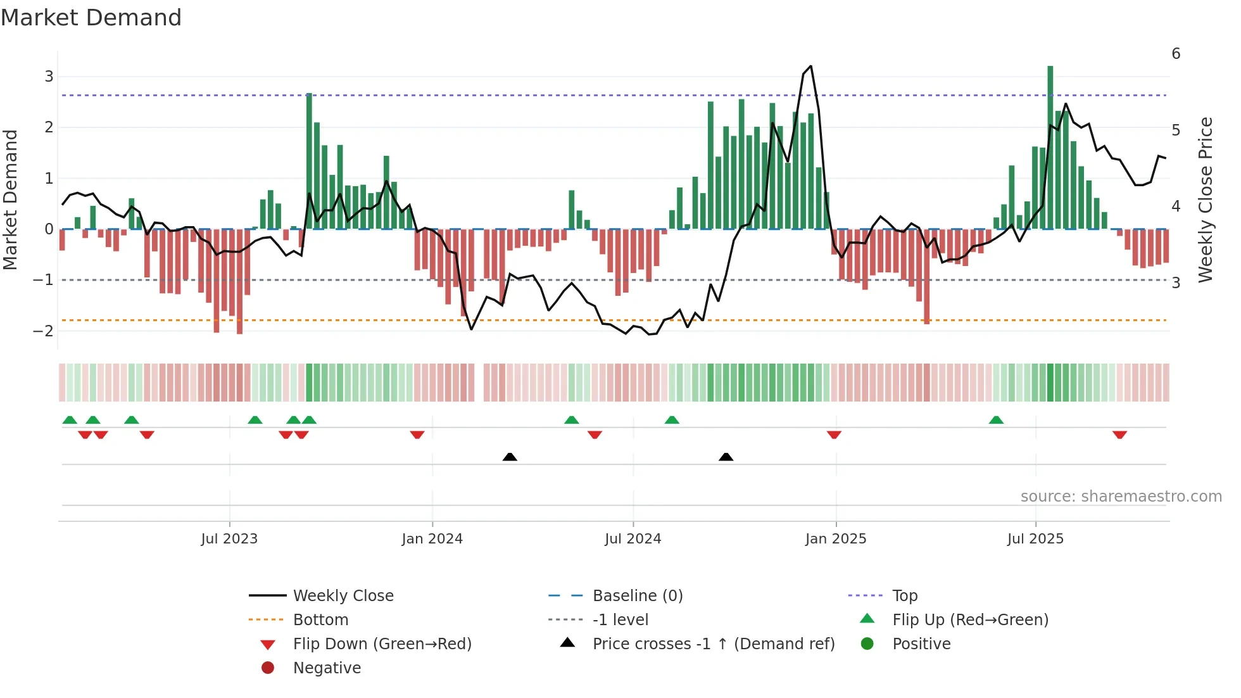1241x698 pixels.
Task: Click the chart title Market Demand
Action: (x=91, y=18)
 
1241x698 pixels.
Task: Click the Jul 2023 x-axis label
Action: (x=229, y=539)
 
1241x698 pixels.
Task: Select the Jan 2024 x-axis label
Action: (x=432, y=539)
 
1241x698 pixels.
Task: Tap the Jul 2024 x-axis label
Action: (x=633, y=539)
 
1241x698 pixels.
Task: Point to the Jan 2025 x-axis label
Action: (x=836, y=539)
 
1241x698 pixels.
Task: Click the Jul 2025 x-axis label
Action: (x=1036, y=539)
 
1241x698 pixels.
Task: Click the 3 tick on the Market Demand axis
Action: (x=49, y=77)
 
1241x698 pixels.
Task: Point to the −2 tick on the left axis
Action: (x=44, y=331)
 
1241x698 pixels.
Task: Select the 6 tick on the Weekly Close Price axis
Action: (x=1176, y=54)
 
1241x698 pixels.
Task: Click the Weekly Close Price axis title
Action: (x=1206, y=200)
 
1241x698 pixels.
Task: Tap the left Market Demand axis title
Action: (x=11, y=200)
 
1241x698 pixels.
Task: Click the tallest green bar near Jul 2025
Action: (x=1050, y=146)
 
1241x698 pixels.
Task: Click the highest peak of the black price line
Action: (x=811, y=67)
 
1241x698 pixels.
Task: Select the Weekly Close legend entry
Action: (x=343, y=596)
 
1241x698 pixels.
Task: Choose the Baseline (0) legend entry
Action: (x=638, y=596)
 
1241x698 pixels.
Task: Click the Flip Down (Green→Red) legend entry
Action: (x=382, y=644)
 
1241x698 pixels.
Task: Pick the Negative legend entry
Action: (x=327, y=668)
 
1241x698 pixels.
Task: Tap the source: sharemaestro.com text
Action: (x=1121, y=497)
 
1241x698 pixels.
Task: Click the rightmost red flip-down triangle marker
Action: (x=1119, y=435)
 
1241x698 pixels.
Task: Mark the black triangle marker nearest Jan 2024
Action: (x=510, y=457)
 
